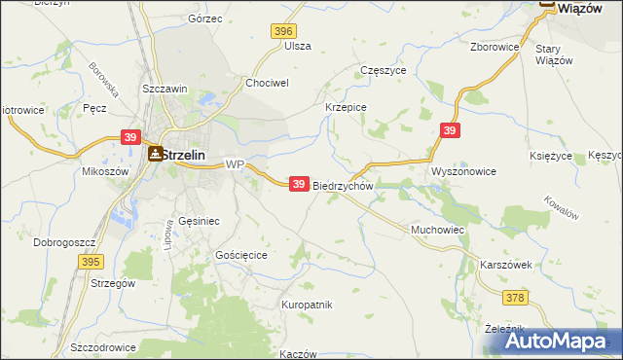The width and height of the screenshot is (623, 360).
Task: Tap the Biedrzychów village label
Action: click(344, 186)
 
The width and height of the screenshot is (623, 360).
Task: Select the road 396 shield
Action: click(283, 32)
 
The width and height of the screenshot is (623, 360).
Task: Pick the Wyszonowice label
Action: click(463, 171)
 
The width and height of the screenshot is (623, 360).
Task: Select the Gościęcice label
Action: click(240, 253)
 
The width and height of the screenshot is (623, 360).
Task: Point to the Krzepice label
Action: click(345, 107)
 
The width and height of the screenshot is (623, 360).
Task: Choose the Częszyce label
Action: click(383, 71)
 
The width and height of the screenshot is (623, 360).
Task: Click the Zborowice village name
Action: click(494, 47)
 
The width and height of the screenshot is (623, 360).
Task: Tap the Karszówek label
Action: click(505, 265)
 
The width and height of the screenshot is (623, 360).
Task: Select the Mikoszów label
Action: click(105, 170)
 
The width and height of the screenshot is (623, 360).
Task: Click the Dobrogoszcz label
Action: click(62, 241)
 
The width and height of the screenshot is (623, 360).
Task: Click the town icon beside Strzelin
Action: click(156, 154)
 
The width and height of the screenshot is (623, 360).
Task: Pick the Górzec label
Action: click(205, 18)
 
